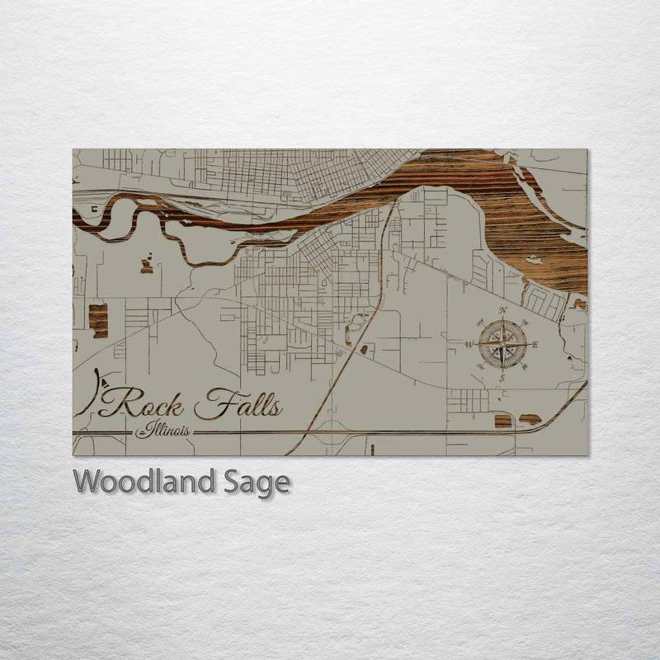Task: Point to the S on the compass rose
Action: click(x=502, y=377)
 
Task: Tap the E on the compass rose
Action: click(x=535, y=344)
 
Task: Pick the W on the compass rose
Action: click(x=469, y=344)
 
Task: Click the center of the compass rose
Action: click(x=502, y=344)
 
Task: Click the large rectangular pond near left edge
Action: click(x=98, y=319)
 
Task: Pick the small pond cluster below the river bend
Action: click(x=147, y=264)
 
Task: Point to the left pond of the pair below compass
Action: click(x=502, y=421)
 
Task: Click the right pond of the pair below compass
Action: click(x=530, y=419)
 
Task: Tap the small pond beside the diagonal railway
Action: click(x=365, y=350)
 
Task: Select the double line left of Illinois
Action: click(x=103, y=432)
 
